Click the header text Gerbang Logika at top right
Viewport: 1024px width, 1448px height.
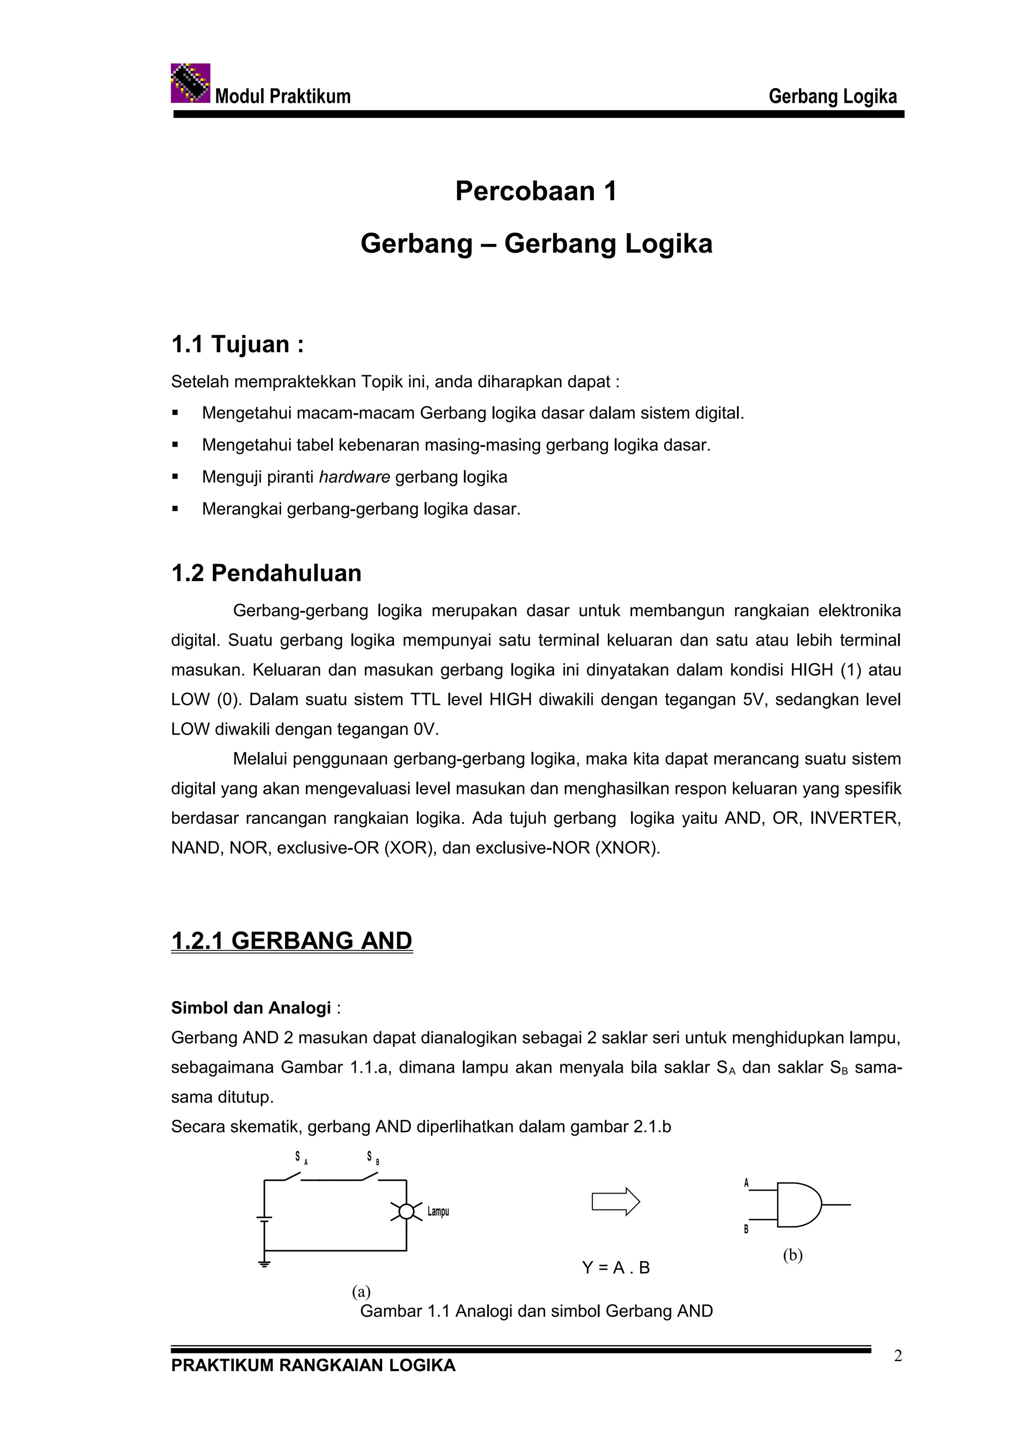(x=831, y=96)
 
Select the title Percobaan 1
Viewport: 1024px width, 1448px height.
(x=535, y=191)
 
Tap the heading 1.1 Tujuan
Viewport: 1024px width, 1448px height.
(x=237, y=344)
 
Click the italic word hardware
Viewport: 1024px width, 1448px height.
(x=354, y=477)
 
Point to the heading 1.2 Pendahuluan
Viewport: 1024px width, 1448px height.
(x=266, y=573)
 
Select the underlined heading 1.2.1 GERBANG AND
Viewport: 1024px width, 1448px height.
(x=291, y=940)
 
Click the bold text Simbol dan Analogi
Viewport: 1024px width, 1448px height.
(x=250, y=1008)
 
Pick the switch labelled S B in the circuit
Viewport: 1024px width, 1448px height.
(x=369, y=1176)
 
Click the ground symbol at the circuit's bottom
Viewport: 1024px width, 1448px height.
(x=264, y=1263)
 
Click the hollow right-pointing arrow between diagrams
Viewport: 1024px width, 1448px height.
(x=615, y=1201)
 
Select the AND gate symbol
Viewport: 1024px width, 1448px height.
(x=797, y=1205)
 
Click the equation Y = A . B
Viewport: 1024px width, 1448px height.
(x=615, y=1268)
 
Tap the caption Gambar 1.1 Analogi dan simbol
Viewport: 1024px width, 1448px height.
(x=535, y=1311)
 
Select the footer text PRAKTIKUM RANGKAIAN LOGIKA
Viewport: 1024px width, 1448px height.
(x=313, y=1366)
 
